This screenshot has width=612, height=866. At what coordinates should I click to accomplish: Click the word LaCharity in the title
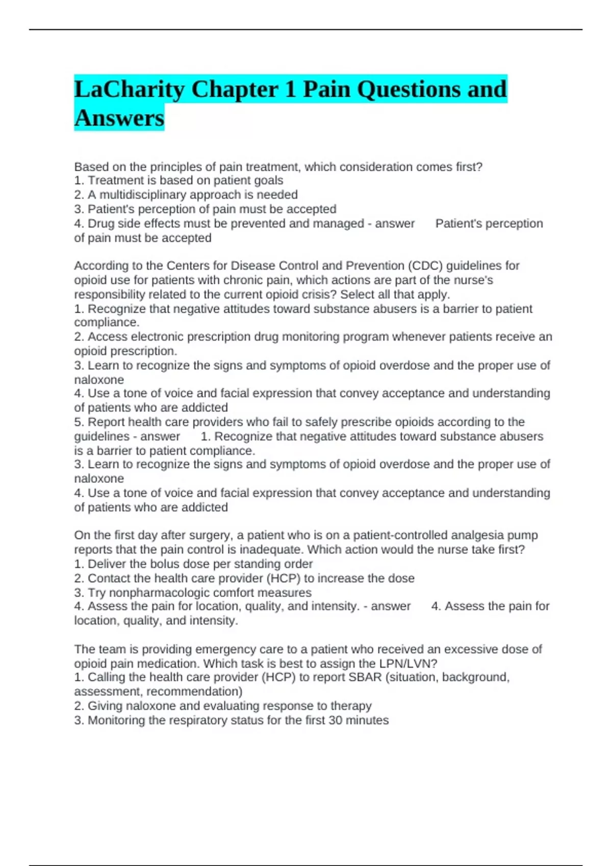pyautogui.click(x=129, y=90)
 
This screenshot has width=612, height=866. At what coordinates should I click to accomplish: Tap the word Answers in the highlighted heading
pyautogui.click(x=119, y=118)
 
